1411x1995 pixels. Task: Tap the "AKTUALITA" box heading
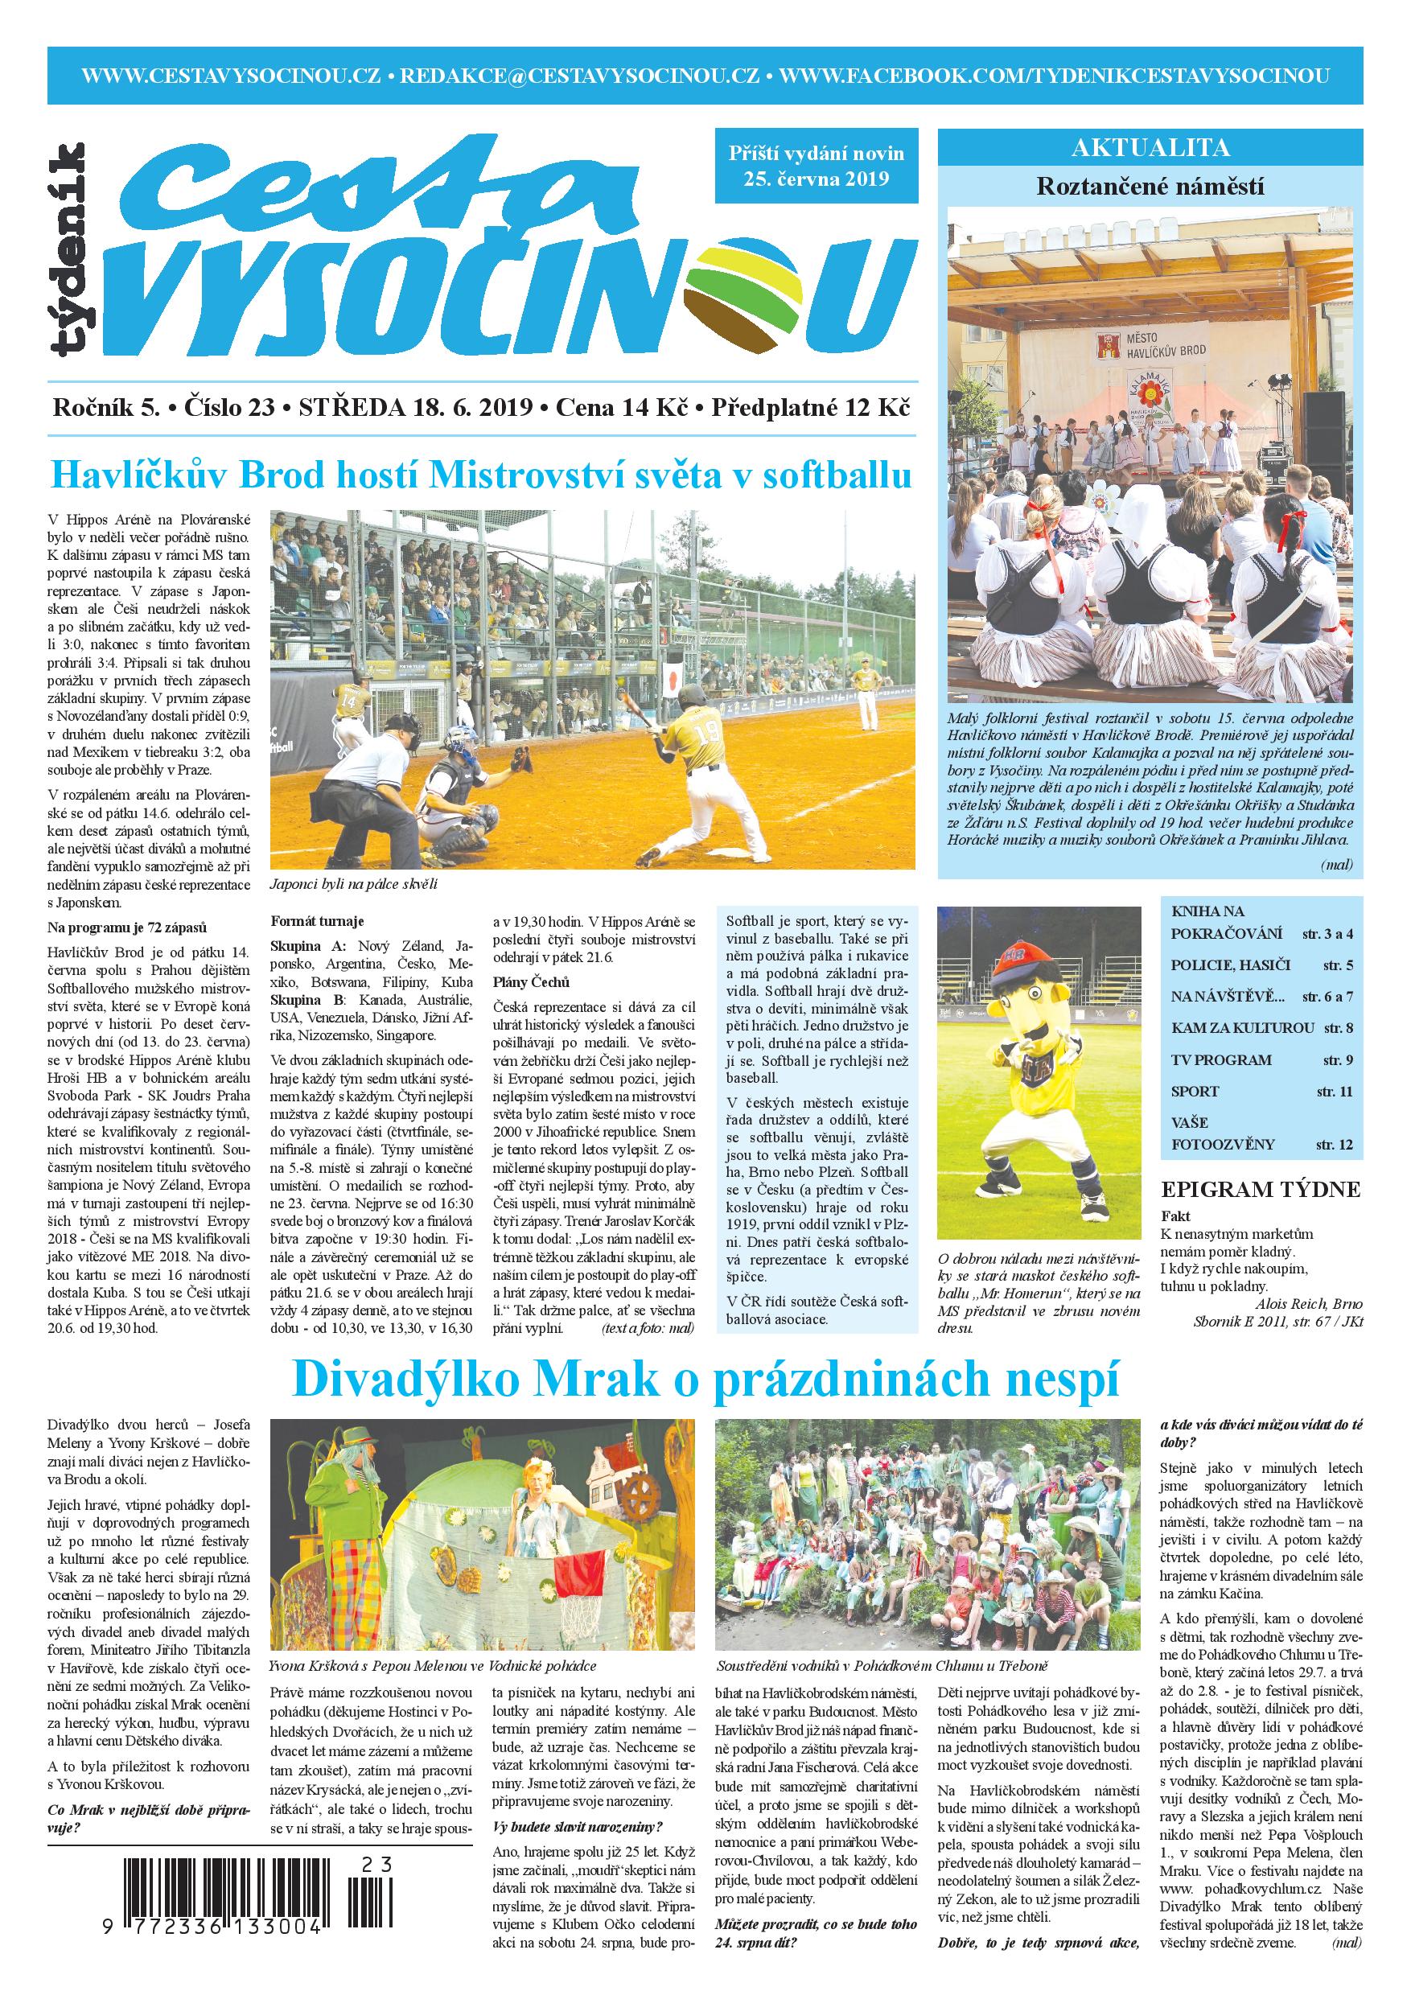pyautogui.click(x=1150, y=147)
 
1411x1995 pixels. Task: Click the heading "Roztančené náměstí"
pyautogui.click(x=1150, y=186)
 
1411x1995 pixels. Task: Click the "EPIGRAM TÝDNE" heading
pyautogui.click(x=1261, y=1190)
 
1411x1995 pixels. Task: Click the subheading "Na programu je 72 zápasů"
pyautogui.click(x=127, y=928)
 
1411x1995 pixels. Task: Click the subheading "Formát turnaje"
pyautogui.click(x=317, y=921)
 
